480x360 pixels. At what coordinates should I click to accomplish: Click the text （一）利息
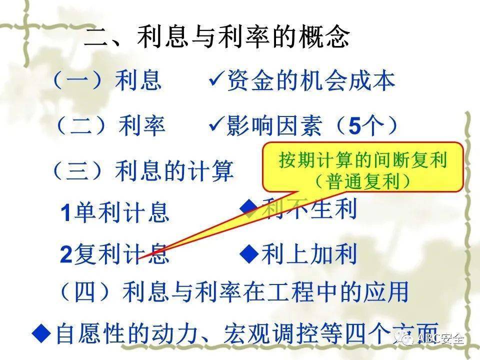coord(106,80)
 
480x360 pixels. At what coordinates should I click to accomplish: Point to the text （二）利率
coord(110,126)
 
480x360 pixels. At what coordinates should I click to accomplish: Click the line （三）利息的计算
coord(142,171)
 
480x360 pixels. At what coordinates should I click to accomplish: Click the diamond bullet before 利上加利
coord(248,253)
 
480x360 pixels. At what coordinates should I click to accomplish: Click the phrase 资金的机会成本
coord(311,81)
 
